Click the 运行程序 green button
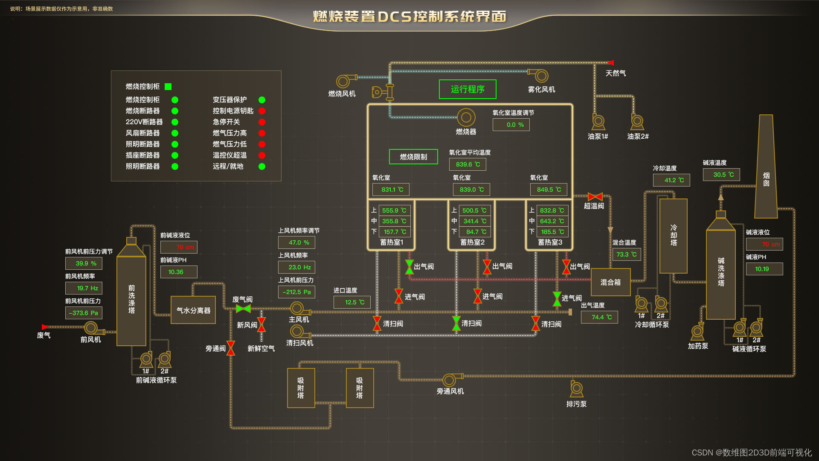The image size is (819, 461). (468, 89)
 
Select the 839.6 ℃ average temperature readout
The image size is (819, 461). (468, 164)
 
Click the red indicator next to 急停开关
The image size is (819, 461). (262, 122)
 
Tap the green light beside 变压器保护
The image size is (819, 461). (262, 100)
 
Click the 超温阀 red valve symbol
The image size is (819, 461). (595, 197)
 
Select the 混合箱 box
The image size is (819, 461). (610, 282)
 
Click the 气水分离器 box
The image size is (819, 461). (193, 310)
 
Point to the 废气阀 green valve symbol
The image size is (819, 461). (243, 308)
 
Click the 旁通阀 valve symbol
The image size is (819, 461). (231, 348)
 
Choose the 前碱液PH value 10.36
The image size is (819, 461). (179, 272)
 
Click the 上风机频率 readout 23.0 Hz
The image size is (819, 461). (296, 267)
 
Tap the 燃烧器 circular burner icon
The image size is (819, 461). (466, 117)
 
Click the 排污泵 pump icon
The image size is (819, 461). (576, 388)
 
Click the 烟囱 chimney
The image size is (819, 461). (766, 171)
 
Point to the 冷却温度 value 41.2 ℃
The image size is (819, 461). (671, 180)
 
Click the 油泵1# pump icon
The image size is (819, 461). (598, 122)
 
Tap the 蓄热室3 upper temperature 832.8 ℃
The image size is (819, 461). (552, 210)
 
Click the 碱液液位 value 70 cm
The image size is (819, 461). (764, 244)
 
